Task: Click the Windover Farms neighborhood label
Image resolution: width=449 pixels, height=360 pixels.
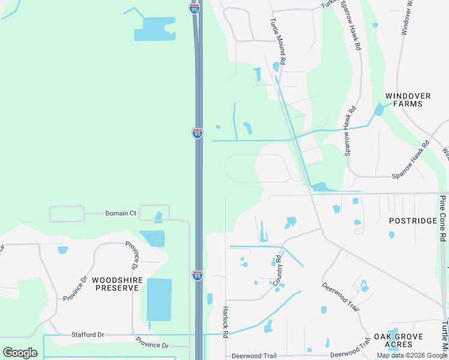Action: [404, 100]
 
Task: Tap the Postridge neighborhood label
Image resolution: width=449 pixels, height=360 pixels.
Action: [413, 221]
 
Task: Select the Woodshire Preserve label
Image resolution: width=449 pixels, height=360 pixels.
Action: [116, 283]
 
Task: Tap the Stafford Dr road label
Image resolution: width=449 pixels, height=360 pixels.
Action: [88, 335]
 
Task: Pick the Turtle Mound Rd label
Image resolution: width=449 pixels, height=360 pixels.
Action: [280, 48]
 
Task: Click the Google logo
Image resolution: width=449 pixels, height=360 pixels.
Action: [20, 353]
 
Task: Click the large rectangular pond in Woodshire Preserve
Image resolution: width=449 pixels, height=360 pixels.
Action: [159, 299]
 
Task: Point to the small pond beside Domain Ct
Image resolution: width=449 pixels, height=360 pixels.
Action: [158, 217]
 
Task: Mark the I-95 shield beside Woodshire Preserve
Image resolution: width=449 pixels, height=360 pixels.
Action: [197, 275]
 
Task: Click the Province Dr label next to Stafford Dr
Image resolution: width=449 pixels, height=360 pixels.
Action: [152, 345]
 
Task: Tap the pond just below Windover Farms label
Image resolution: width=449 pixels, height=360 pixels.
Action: [379, 110]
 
